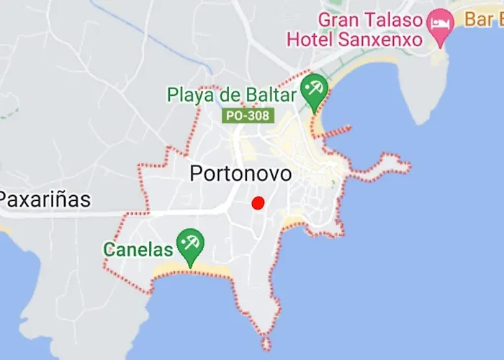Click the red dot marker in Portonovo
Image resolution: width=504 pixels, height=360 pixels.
[258, 203]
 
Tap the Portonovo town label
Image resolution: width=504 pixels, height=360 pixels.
[240, 174]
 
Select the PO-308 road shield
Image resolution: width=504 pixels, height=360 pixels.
[248, 115]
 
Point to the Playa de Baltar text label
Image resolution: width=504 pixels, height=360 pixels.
[231, 94]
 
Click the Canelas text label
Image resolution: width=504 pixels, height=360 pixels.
[138, 250]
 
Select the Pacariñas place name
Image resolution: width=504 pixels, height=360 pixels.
[45, 199]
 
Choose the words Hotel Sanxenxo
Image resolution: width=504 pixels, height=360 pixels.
[354, 39]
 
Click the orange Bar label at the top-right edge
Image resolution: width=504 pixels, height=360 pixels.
[483, 19]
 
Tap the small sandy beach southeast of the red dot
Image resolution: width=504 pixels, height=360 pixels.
[294, 217]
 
